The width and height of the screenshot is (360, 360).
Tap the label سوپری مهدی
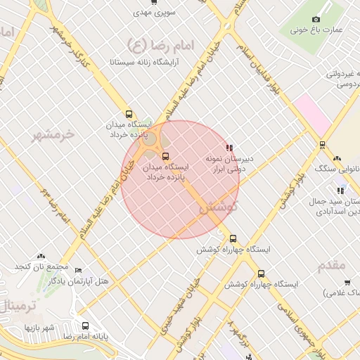pyautogui.click(x=156, y=13)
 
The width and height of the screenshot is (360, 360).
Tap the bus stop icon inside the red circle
pyautogui.click(x=165, y=156)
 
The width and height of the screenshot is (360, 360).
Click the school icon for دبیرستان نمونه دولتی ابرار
pyautogui.click(x=229, y=148)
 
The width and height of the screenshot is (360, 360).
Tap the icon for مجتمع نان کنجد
pyautogui.click(x=40, y=256)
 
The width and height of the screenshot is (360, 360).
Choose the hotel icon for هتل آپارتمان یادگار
pyautogui.click(x=78, y=270)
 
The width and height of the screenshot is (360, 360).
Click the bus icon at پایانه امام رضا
pyautogui.click(x=85, y=326)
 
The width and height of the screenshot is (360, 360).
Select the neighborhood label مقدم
pyautogui.click(x=332, y=265)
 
